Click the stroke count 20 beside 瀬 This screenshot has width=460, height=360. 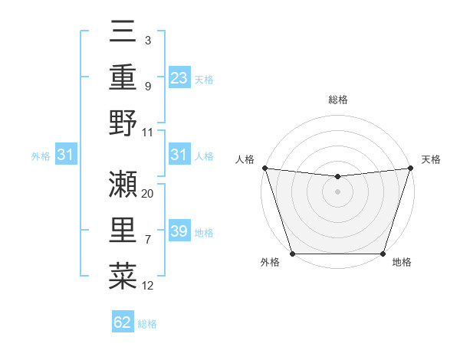[x=148, y=194]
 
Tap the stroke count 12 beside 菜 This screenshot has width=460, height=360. [x=148, y=286]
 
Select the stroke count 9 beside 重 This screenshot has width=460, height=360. [x=147, y=86]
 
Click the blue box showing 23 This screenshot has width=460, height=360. [x=179, y=77]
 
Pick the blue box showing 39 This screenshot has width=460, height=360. [x=179, y=231]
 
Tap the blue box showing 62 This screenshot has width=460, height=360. [x=123, y=322]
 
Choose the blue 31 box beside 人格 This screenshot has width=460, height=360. [x=179, y=155]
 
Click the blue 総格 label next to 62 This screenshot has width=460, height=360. [x=147, y=324]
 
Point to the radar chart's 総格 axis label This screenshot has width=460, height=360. [x=338, y=100]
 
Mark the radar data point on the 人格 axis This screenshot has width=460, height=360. [x=264, y=168]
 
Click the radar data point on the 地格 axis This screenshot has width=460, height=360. [x=383, y=254]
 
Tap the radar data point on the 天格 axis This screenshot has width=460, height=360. [x=410, y=168]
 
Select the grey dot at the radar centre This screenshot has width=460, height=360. [x=337, y=191]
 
